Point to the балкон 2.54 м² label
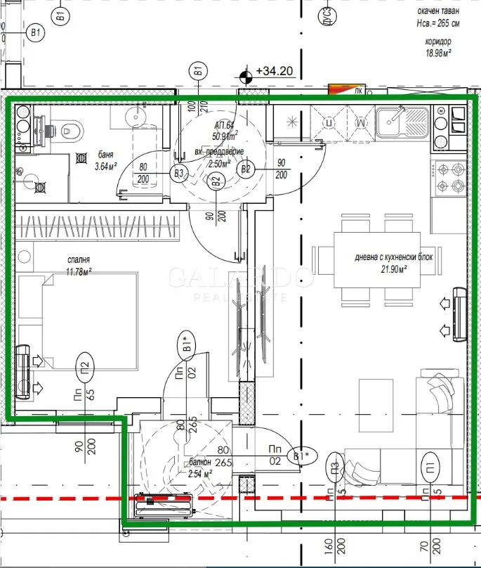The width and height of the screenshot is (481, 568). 200,468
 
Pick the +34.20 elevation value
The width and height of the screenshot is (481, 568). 276,72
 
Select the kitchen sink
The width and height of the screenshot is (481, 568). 402,121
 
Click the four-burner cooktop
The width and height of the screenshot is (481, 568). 452,177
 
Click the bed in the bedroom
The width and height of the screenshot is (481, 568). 88,316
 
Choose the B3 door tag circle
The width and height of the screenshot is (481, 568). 179,173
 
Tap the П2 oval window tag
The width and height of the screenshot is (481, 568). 84,366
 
